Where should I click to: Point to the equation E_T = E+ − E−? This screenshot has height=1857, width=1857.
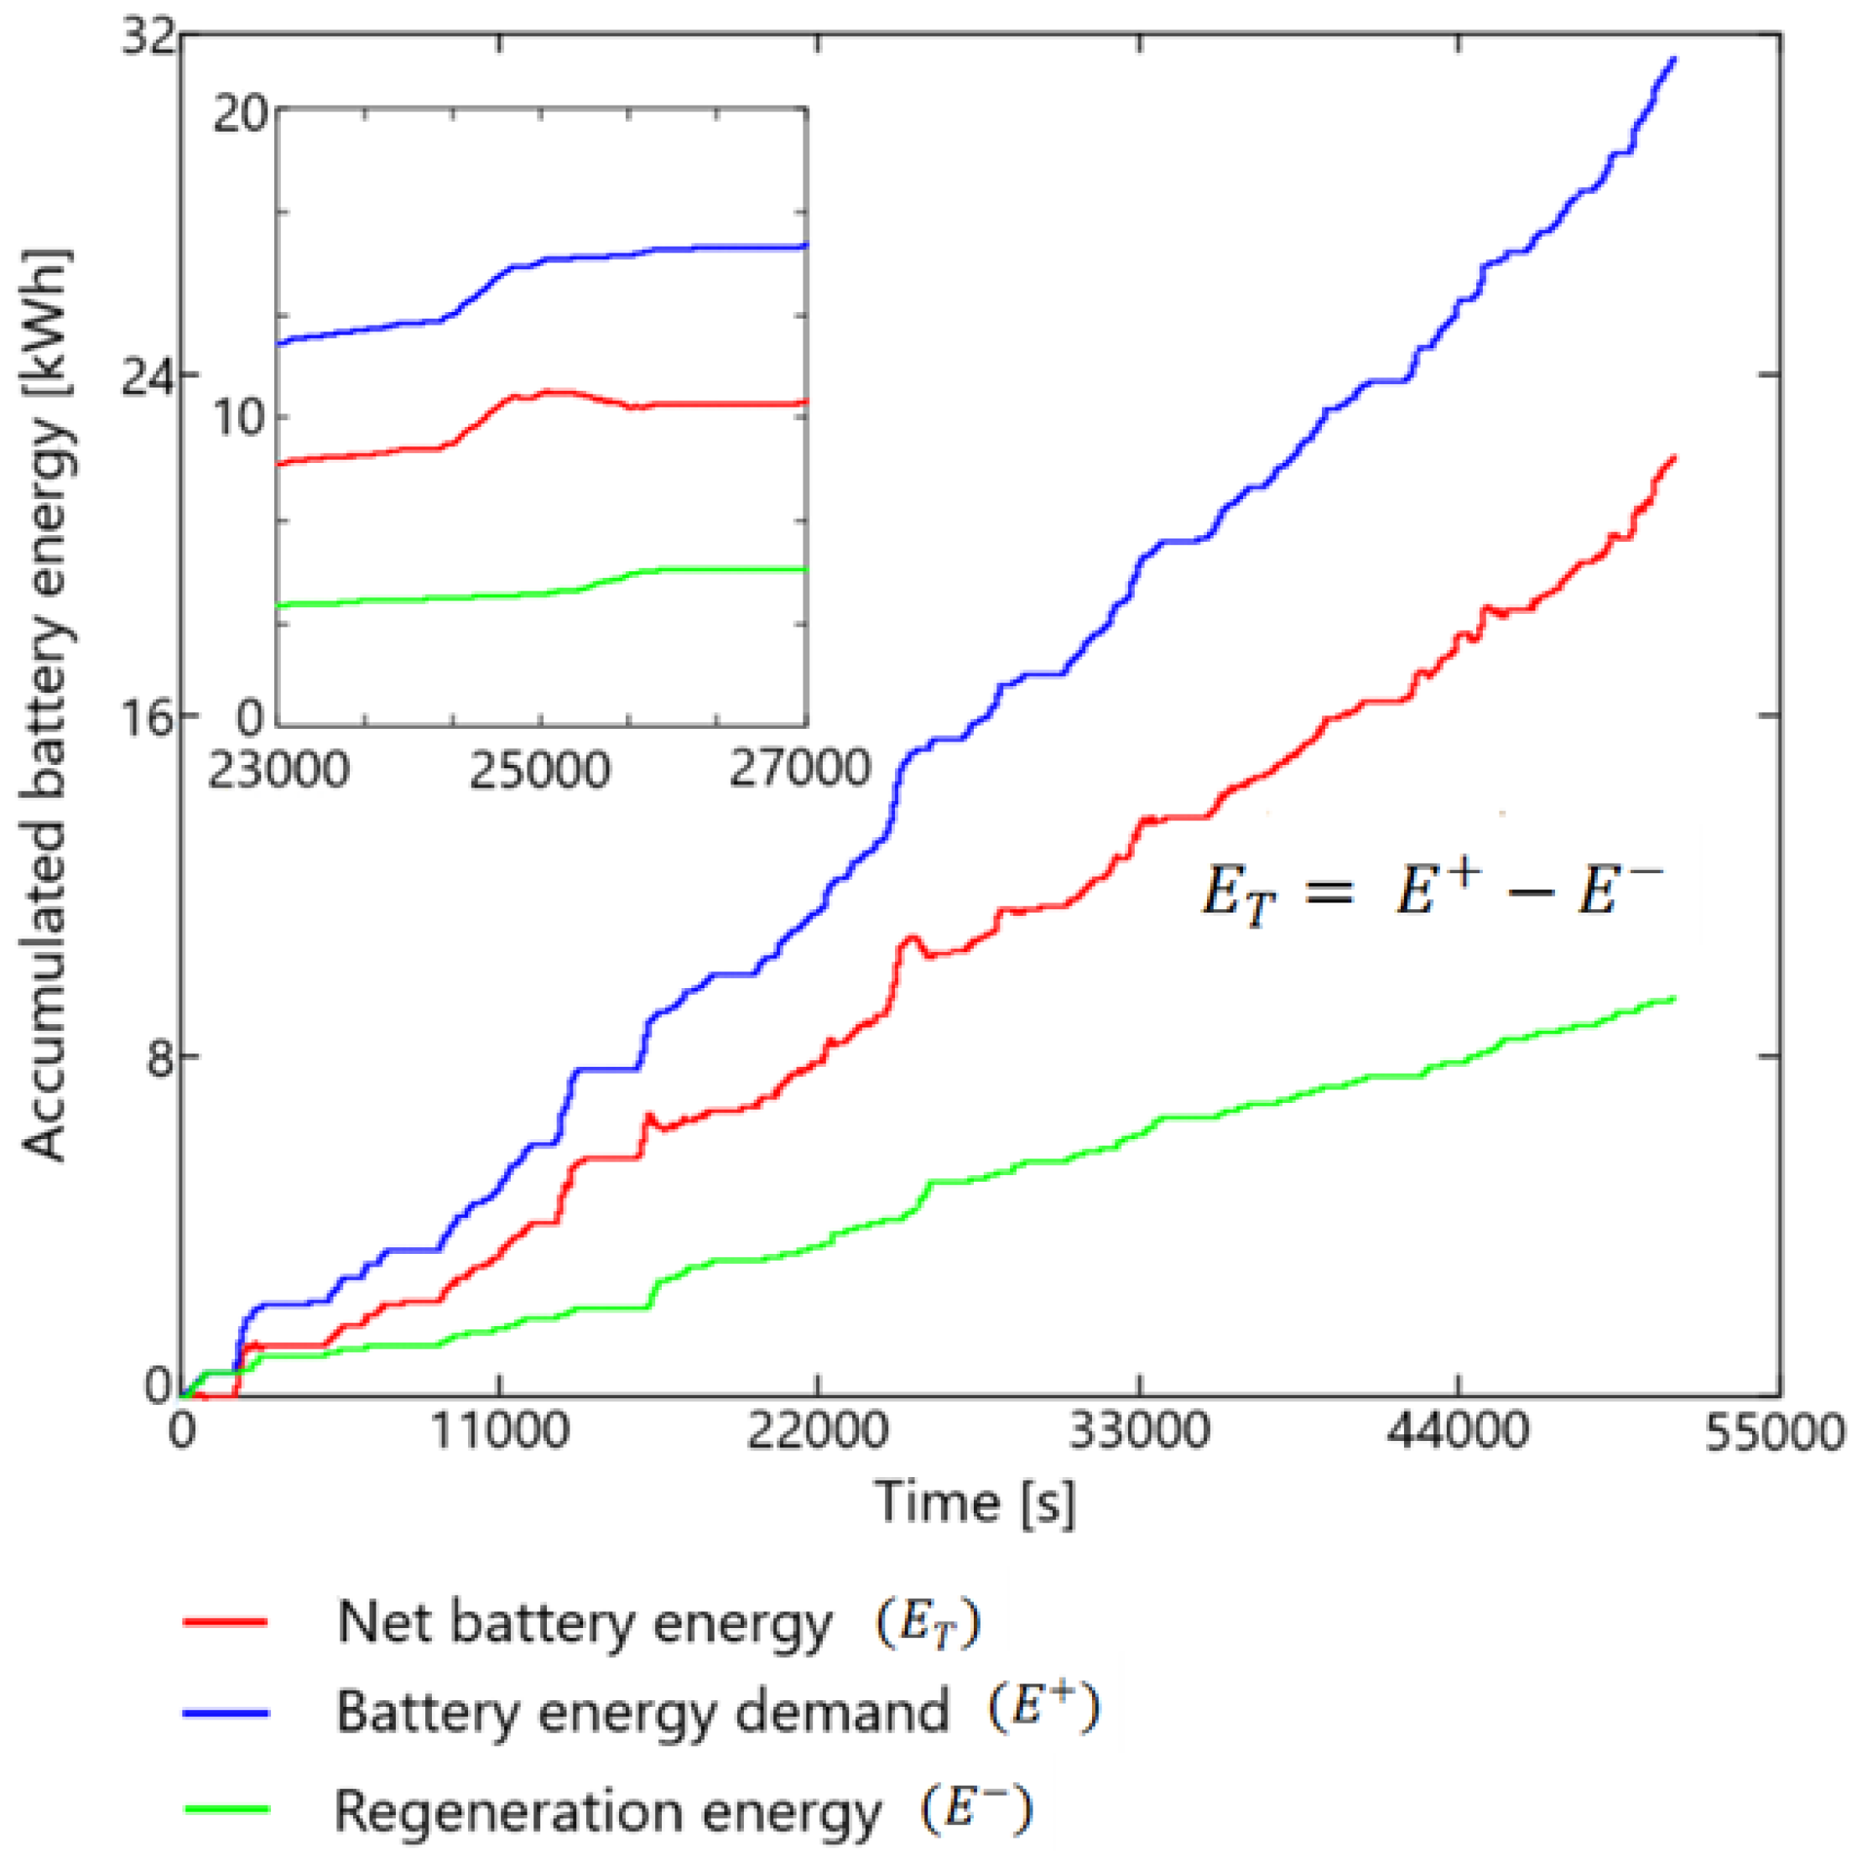coord(1431,892)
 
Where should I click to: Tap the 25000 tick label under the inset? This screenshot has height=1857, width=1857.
coord(539,770)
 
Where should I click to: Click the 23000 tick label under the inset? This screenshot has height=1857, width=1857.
coord(278,770)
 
